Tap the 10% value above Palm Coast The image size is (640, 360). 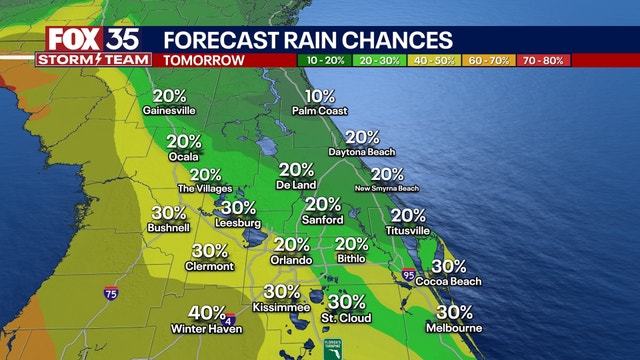click(321, 96)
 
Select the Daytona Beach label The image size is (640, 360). click(362, 152)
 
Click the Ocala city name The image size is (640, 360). click(184, 157)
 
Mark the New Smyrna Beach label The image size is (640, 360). click(387, 188)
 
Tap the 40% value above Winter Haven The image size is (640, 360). click(207, 313)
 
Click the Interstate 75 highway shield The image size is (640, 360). click(110, 294)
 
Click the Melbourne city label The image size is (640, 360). click(454, 328)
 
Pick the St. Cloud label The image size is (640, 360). click(346, 318)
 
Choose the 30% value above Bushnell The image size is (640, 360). click(168, 213)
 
